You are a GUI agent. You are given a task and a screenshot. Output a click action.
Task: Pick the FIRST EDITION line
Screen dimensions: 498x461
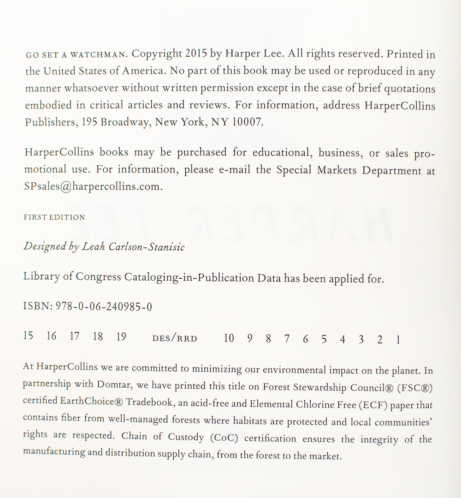(x=54, y=217)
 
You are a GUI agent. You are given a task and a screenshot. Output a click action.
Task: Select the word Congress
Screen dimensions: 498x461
(x=99, y=277)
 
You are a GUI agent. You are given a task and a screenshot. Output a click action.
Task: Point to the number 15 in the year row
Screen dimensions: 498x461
(x=28, y=336)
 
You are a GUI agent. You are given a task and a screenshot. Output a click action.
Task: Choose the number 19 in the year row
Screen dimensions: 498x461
(x=121, y=336)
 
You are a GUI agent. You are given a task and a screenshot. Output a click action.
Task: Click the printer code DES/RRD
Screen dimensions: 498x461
(x=174, y=339)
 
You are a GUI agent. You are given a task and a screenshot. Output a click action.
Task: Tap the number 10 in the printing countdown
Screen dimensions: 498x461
(x=229, y=338)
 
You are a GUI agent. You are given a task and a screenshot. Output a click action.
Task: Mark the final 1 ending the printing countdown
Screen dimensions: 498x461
(x=398, y=340)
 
